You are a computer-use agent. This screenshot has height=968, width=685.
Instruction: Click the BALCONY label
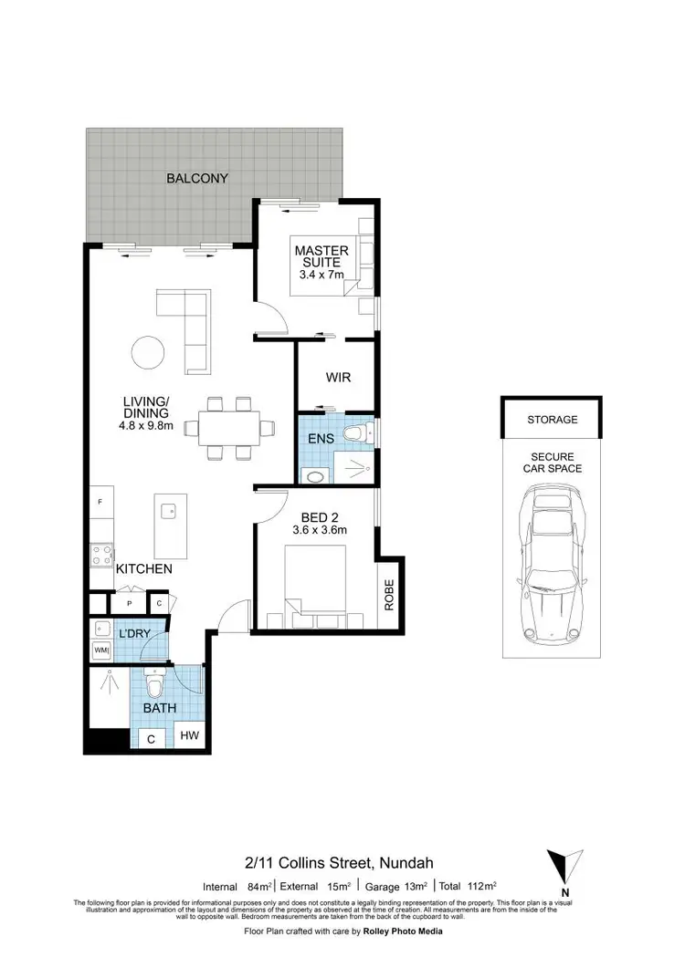click(x=196, y=178)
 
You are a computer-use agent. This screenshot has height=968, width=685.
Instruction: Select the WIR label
click(x=338, y=377)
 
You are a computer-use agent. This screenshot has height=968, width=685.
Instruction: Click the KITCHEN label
click(x=143, y=568)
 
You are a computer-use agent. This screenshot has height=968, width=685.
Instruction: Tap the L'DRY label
click(x=132, y=632)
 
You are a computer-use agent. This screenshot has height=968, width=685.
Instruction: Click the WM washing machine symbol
click(x=100, y=651)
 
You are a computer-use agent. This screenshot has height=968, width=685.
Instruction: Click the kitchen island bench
click(x=171, y=529)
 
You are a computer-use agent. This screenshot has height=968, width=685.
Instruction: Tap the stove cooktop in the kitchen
click(x=100, y=556)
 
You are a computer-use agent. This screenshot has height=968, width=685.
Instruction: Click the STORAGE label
click(x=552, y=420)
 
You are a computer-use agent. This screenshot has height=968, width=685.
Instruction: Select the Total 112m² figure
click(x=468, y=886)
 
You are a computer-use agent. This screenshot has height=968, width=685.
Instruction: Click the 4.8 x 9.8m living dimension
click(x=145, y=424)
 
